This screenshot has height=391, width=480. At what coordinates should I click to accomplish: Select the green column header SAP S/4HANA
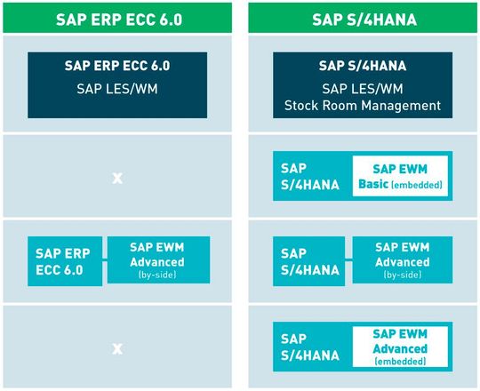(x=363, y=18)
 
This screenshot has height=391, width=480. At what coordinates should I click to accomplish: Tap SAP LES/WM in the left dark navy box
(x=118, y=90)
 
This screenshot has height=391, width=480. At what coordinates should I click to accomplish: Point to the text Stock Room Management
(x=363, y=106)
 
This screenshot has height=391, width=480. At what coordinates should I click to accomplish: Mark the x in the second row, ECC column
(x=116, y=178)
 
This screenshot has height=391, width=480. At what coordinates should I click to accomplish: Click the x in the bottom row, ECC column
(x=116, y=347)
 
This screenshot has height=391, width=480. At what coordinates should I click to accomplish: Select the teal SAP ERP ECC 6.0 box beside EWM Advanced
(x=64, y=261)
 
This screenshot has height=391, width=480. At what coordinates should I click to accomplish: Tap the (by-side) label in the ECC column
(x=157, y=276)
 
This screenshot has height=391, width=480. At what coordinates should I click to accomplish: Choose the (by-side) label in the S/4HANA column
(x=403, y=276)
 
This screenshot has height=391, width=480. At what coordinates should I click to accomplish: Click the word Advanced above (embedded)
(x=402, y=349)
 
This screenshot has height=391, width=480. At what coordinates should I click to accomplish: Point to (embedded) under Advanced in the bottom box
(x=402, y=362)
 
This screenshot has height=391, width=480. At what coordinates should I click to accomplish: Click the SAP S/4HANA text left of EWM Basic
(x=309, y=175)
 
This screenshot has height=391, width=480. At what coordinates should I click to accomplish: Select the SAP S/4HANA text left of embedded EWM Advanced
(x=309, y=347)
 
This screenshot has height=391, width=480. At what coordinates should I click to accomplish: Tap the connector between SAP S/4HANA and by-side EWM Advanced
(x=348, y=261)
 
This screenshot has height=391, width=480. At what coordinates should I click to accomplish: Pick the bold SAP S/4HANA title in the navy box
(x=363, y=66)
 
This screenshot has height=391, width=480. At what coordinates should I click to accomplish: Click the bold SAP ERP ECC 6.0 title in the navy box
(x=118, y=66)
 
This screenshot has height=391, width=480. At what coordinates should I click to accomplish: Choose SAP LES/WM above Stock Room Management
(x=363, y=90)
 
